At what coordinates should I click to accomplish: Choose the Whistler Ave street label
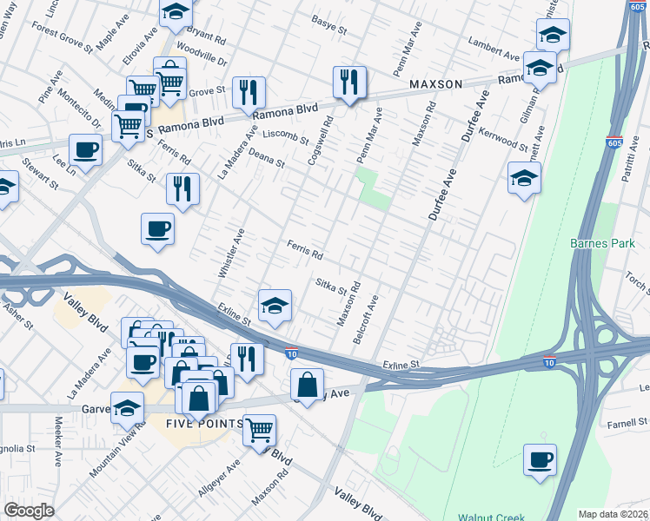(x=232, y=253)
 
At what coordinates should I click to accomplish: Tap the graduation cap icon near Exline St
(x=275, y=305)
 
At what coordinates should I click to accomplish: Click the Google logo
(x=29, y=511)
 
